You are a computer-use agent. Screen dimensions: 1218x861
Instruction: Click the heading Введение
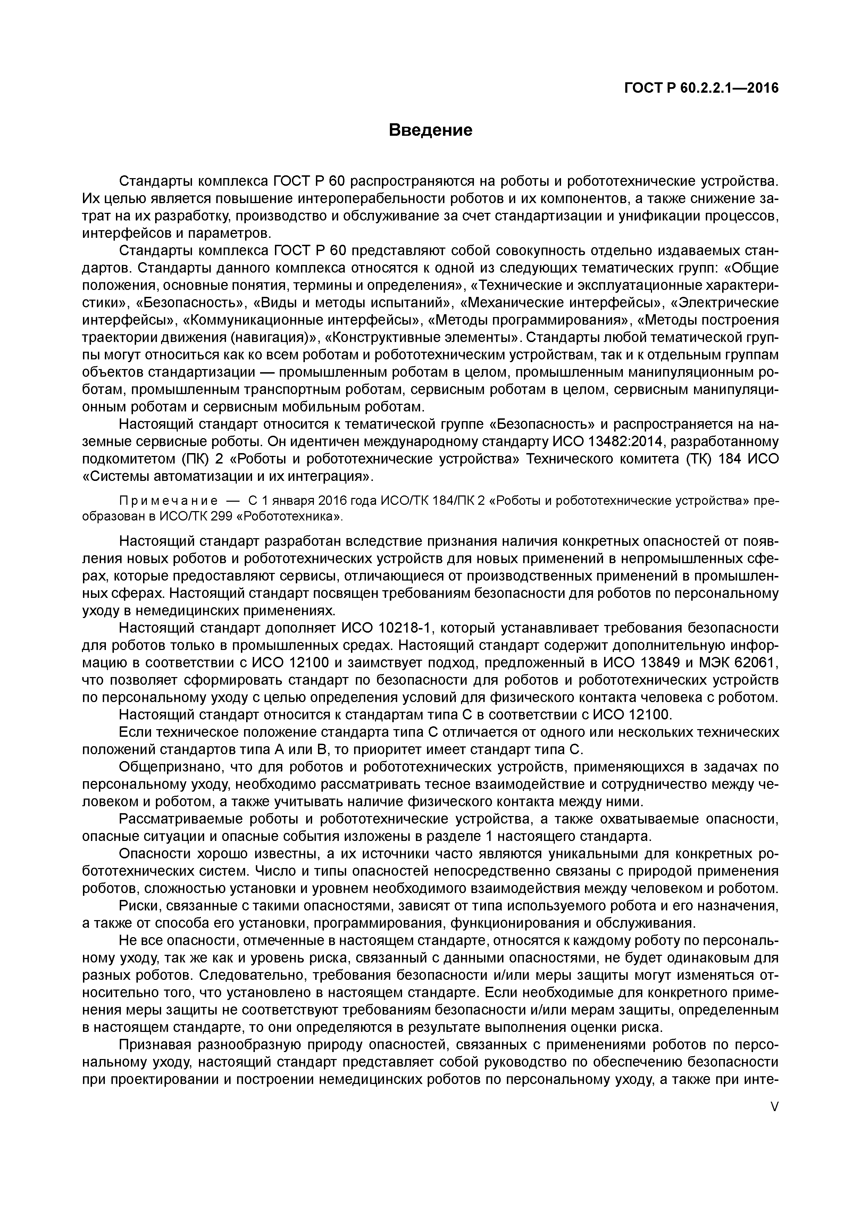pos(430,130)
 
